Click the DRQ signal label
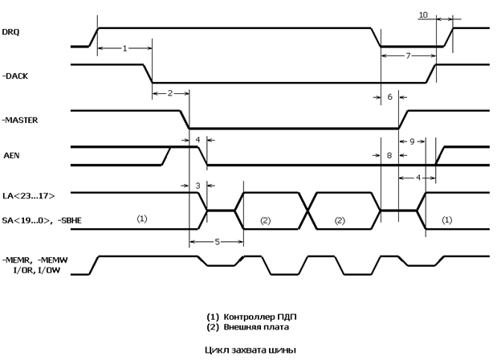point(10,32)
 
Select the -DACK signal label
point(15,76)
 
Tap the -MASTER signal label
point(20,121)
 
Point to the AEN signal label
point(11,155)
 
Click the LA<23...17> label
point(28,195)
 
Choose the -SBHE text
point(69,220)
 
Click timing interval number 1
point(124,48)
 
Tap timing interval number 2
point(170,93)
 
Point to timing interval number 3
point(198,186)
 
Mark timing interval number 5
point(218,242)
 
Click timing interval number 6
point(389,97)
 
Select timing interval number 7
point(408,56)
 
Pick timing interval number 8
point(389,155)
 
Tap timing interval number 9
point(412,141)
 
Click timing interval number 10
point(423,15)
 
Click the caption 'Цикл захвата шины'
point(250,350)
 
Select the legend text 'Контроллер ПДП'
point(260,317)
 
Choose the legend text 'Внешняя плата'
point(256,327)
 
